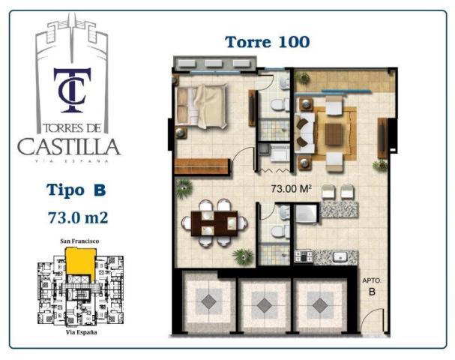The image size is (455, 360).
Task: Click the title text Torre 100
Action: click(268, 42)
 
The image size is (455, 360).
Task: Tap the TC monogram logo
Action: click(72, 90)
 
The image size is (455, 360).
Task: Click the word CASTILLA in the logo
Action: click(69, 147)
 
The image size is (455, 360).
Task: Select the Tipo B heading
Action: click(76, 190)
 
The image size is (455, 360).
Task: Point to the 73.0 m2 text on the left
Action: click(78, 217)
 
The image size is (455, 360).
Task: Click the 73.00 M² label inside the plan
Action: click(292, 189)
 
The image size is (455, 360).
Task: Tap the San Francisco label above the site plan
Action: click(79, 241)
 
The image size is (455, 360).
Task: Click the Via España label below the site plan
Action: click(81, 332)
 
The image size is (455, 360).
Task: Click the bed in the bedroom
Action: click(202, 106)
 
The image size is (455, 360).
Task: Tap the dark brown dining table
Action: click(214, 223)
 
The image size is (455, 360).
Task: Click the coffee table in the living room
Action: click(334, 134)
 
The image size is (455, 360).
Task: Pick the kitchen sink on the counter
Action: click(340, 256)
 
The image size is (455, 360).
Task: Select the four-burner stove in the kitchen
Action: click(304, 256)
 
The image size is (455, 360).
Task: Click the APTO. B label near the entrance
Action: click(372, 286)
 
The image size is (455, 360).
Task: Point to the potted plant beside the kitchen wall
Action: click(244, 256)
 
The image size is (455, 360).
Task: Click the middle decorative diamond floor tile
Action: click(264, 306)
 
